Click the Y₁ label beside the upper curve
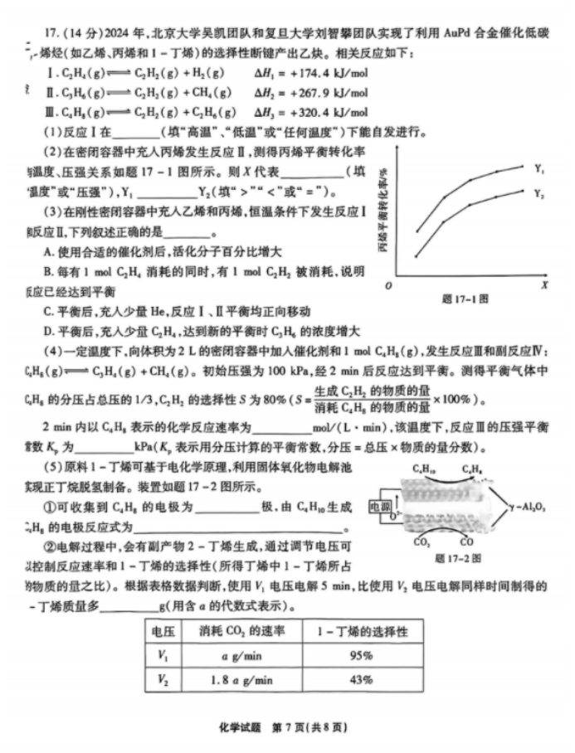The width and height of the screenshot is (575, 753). point(539,169)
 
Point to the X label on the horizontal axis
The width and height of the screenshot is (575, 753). point(544,285)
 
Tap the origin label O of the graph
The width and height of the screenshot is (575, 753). point(389,285)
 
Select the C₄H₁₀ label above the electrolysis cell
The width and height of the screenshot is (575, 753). point(425,469)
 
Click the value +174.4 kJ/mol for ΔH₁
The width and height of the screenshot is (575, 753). point(329,73)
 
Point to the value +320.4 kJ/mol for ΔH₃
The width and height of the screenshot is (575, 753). point(329,111)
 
